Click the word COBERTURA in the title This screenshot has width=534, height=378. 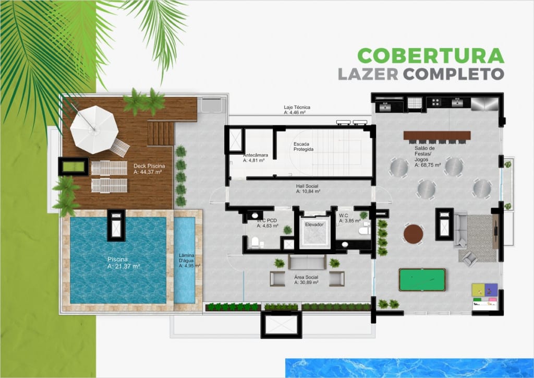tap(431, 55)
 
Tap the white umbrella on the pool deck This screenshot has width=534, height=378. tap(94, 129)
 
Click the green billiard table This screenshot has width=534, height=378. tap(422, 280)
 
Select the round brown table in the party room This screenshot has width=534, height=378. tap(414, 234)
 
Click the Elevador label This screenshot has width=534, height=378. tap(314, 225)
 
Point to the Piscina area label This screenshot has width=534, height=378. tap(124, 263)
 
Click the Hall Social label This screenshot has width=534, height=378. tap(308, 189)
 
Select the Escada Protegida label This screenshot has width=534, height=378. tap(304, 147)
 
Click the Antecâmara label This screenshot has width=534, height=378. tap(256, 158)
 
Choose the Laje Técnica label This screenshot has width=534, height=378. tap(297, 110)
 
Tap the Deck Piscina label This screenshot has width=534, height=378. tap(149, 169)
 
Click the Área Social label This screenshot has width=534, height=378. tap(307, 280)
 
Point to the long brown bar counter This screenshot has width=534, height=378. tap(437, 135)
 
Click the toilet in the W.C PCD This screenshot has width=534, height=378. tap(254, 242)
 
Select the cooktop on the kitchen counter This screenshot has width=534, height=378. tap(435, 102)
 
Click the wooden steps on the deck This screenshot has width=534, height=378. tap(161, 133)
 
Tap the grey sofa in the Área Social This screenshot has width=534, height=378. tap(307, 262)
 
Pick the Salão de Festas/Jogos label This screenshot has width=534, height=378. tap(428, 157)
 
